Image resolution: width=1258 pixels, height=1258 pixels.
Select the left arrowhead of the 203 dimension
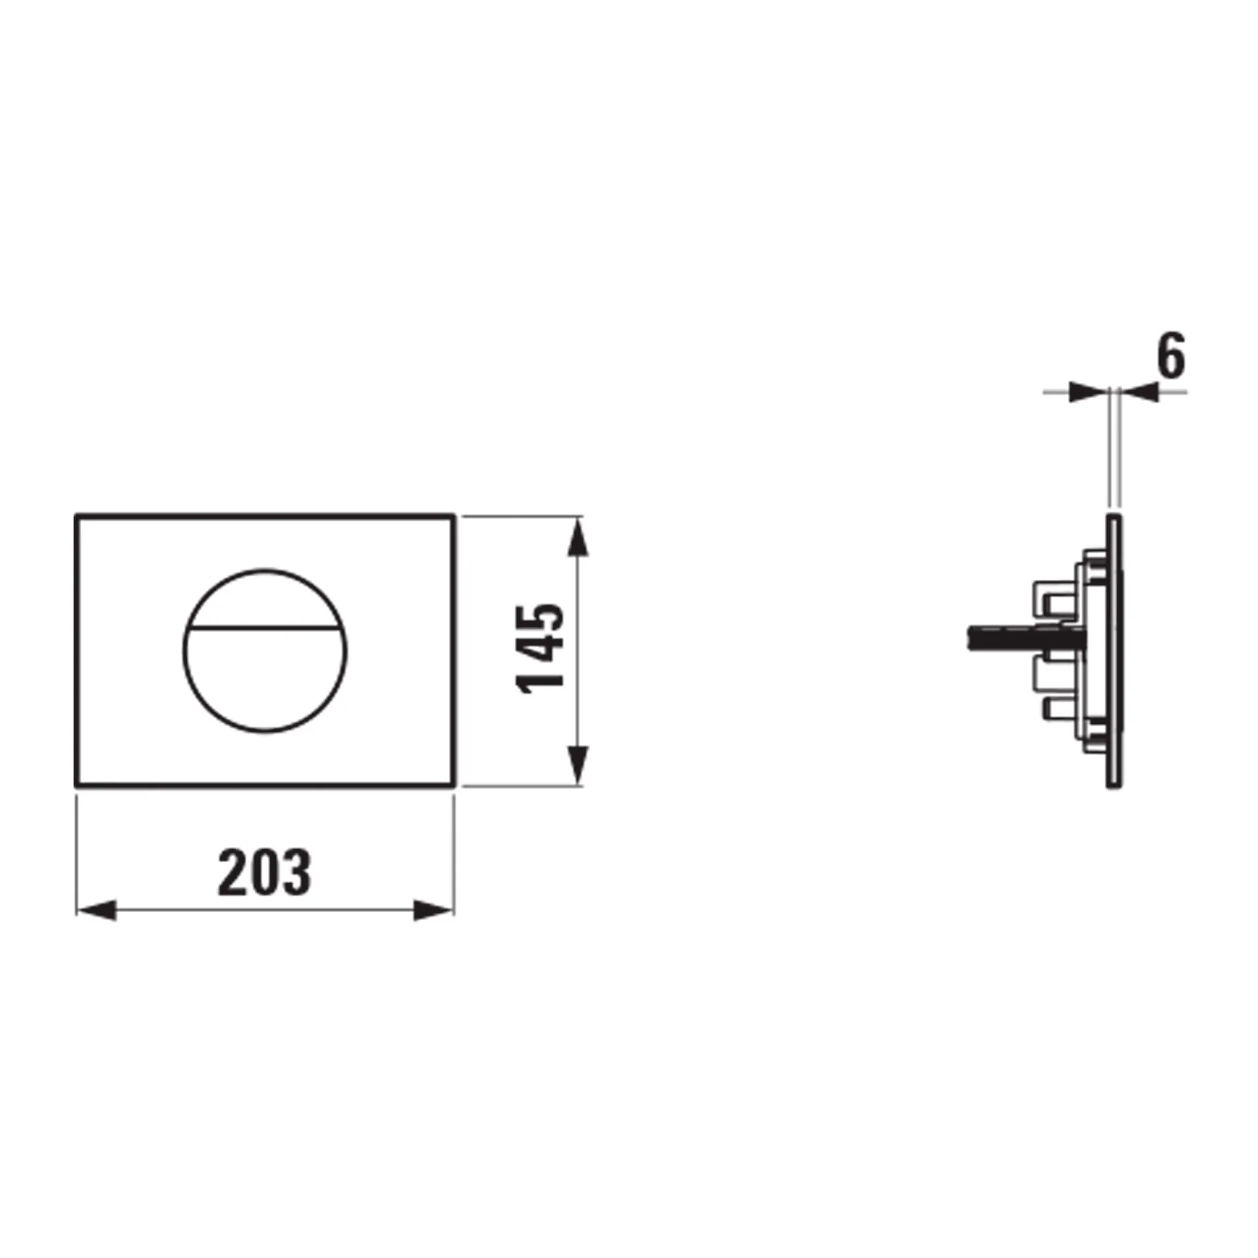[97, 910]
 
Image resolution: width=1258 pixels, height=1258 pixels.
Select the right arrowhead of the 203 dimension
[433, 910]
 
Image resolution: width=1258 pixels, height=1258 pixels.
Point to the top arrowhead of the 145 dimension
[577, 537]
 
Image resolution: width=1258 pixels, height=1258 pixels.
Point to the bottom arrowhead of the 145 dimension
[577, 764]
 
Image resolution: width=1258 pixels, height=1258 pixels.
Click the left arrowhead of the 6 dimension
[1088, 392]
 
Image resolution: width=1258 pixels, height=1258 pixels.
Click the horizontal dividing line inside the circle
[265, 628]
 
